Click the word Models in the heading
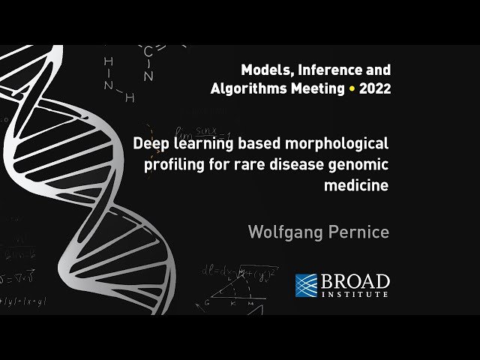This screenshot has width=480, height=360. point(265,70)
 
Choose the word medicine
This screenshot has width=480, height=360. point(356,185)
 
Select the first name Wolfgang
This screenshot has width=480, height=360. point(286,232)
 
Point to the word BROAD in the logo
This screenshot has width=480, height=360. point(355,282)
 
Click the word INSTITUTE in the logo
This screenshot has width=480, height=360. point(355,295)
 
